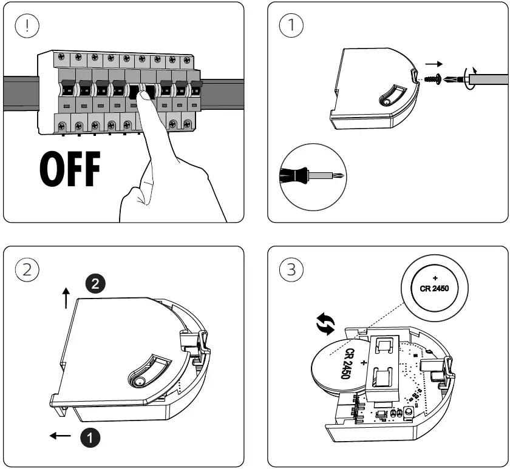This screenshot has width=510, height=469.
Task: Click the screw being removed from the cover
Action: [433, 79]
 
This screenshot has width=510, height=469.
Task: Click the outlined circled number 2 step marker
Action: [26, 269]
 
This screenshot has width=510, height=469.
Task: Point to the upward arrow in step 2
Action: [66, 298]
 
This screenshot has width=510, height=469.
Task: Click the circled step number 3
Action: [291, 269]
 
